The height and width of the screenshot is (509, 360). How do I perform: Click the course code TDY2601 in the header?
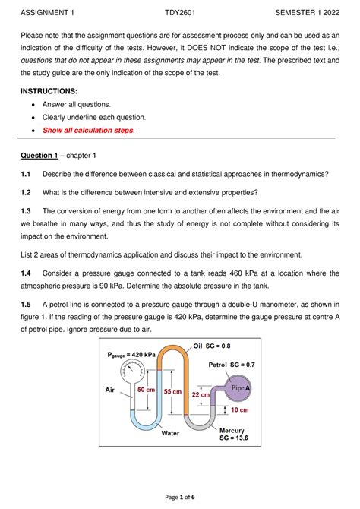point(180,13)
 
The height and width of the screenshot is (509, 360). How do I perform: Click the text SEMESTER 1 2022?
point(307,13)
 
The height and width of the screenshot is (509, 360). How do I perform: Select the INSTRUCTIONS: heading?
point(49,91)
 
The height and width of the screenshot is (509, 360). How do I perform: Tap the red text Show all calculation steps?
point(89,130)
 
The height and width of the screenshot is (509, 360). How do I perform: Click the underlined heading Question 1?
point(39,156)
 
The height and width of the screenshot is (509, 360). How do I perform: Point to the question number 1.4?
point(26,273)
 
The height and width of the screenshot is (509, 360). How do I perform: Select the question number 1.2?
point(26,192)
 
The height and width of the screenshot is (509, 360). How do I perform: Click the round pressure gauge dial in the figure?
point(133,372)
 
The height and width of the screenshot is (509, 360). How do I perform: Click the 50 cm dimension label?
point(146,390)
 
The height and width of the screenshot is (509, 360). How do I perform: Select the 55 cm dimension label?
point(172,392)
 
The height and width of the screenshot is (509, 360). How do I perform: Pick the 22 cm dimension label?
point(201,395)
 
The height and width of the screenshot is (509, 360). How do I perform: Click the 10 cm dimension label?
point(240,410)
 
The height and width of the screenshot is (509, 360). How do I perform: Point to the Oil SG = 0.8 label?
point(212,346)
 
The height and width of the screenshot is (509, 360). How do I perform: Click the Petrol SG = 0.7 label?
point(232,365)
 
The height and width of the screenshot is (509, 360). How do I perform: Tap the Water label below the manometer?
point(170,433)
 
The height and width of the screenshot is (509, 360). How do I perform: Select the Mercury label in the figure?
point(232,431)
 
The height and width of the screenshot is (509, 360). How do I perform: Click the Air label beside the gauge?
point(109,390)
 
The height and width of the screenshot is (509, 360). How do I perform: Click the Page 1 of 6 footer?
point(180,497)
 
